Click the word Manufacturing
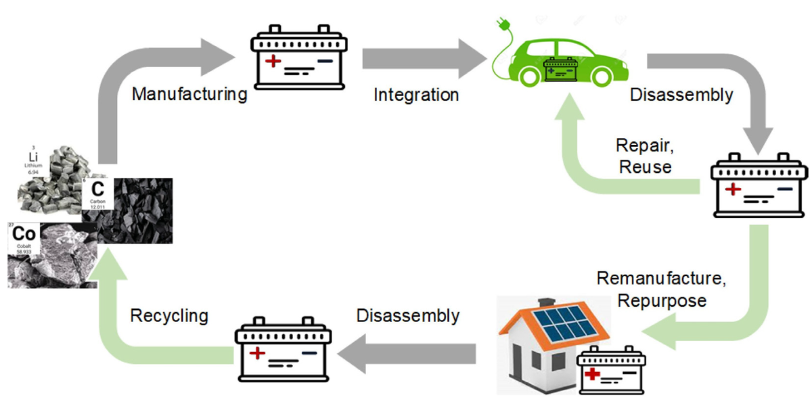pyautogui.click(x=189, y=93)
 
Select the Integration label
pyautogui.click(x=416, y=95)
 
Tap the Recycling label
pyautogui.click(x=169, y=316)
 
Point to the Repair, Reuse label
pyautogui.click(x=644, y=156)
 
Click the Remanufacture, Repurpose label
pyautogui.click(x=665, y=290)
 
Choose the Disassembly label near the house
pyautogui.click(x=408, y=316)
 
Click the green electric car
pyautogui.click(x=568, y=58)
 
